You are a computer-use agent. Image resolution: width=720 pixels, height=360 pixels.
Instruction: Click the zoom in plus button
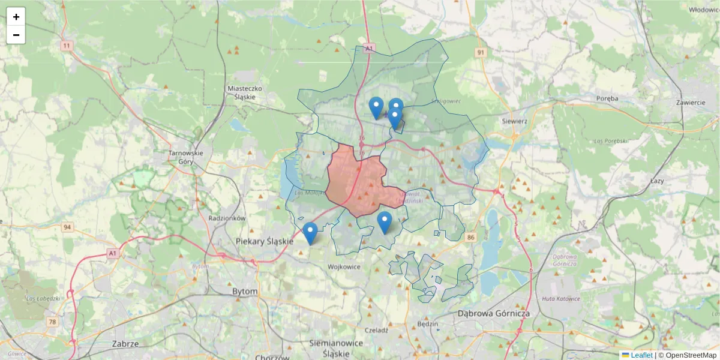(16, 17)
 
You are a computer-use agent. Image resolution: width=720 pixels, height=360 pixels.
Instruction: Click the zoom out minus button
(16, 35)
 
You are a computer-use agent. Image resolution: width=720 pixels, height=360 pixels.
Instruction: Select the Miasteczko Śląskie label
(245, 92)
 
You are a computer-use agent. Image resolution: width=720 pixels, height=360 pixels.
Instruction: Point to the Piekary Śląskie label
(265, 241)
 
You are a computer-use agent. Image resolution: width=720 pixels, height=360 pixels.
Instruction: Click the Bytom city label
(245, 292)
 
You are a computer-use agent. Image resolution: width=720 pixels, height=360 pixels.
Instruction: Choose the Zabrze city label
(125, 344)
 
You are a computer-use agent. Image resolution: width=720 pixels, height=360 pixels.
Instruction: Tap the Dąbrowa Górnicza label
(493, 313)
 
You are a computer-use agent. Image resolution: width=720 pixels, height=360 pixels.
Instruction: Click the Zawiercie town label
(690, 103)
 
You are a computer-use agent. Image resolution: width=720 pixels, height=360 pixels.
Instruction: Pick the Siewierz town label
(514, 121)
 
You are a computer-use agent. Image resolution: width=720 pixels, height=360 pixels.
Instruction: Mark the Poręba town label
(611, 98)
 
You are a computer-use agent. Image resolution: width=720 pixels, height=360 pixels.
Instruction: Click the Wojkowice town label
(344, 266)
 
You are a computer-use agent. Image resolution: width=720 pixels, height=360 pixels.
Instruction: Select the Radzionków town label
(227, 218)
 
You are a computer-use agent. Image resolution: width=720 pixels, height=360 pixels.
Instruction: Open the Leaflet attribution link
(641, 355)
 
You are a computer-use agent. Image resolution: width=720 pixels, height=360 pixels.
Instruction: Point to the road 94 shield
(67, 227)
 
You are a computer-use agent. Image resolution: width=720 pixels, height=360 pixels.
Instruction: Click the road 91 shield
(481, 53)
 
